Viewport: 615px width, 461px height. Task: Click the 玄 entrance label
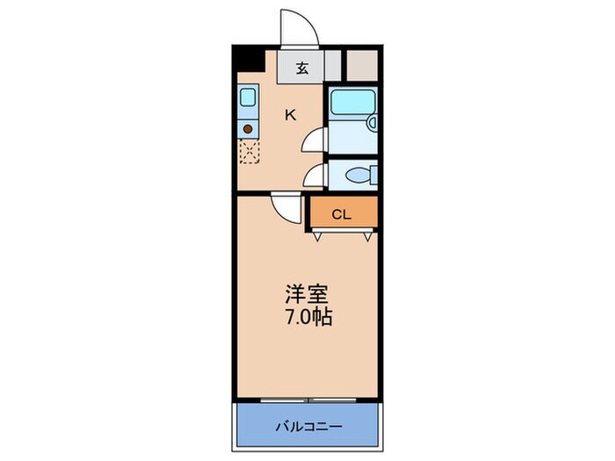301,68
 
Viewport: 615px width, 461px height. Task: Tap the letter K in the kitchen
289,113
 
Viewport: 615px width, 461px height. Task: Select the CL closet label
342,213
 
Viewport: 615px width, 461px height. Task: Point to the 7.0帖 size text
307,317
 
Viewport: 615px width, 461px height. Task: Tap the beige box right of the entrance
361,63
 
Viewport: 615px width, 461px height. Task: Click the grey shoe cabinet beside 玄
332,63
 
